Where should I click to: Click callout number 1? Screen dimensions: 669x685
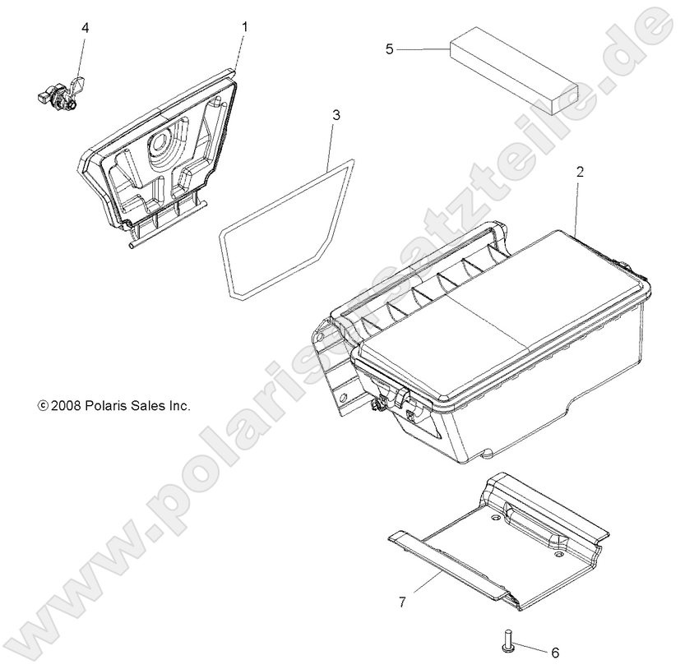click(x=244, y=27)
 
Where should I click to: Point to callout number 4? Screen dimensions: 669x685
click(x=86, y=28)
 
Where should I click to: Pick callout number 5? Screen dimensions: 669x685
click(x=390, y=49)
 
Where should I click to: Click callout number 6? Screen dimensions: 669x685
click(x=554, y=653)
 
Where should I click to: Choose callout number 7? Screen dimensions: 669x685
click(x=402, y=602)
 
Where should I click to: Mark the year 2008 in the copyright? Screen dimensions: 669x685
click(x=64, y=405)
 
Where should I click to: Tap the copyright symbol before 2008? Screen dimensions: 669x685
click(x=42, y=405)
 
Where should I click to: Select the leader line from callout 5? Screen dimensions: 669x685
click(x=423, y=49)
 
